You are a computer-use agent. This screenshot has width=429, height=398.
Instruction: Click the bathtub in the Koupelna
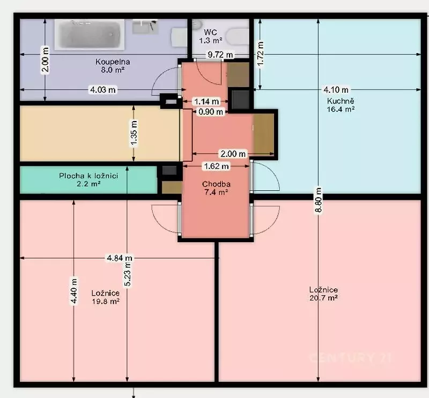tap(90, 35)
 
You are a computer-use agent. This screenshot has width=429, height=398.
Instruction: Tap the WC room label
tap(210, 36)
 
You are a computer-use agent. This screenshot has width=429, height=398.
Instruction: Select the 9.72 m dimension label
tap(220, 55)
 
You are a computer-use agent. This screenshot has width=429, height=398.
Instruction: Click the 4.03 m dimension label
tap(103, 89)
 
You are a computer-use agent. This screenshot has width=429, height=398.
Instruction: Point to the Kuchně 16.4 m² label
tap(341, 105)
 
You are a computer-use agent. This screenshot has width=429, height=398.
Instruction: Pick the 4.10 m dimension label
tap(336, 89)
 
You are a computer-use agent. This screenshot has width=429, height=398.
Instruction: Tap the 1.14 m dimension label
tap(206, 102)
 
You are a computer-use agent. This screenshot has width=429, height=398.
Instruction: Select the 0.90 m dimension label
tap(211, 111)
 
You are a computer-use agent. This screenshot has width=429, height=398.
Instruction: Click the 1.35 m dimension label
tap(134, 133)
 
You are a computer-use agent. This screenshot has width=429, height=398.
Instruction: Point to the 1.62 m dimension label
tap(217, 166)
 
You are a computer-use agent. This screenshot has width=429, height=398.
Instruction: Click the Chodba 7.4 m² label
tap(216, 188)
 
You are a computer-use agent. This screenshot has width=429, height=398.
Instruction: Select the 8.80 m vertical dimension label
tap(318, 200)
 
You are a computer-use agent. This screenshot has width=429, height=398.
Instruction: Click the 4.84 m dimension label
tap(120, 258)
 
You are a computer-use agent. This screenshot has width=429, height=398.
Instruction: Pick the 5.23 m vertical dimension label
tap(127, 274)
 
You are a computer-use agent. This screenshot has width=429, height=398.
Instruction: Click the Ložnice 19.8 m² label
tap(106, 297)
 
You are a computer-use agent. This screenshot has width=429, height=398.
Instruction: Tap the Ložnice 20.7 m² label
tap(324, 294)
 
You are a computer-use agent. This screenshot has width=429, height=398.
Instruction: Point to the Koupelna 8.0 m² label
tap(113, 65)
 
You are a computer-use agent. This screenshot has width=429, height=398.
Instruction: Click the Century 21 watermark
tap(350, 357)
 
